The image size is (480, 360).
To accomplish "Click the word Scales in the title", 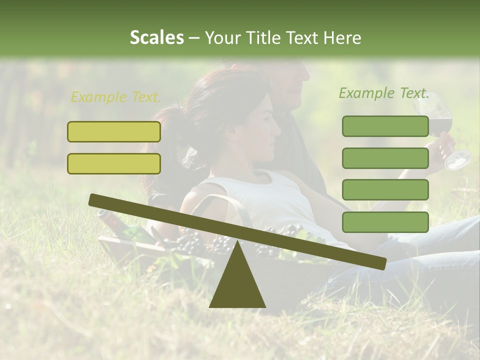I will click(x=156, y=37).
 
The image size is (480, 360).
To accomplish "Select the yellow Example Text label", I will click(x=116, y=97).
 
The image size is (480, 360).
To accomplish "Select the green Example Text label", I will click(x=384, y=93).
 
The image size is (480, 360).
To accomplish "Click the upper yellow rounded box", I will click(x=114, y=131).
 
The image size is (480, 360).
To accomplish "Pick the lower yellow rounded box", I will click(x=114, y=163).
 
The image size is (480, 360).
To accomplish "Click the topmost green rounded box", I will click(x=385, y=126).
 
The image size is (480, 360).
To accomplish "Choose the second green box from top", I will click(x=385, y=158).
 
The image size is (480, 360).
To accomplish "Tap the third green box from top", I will click(x=385, y=190).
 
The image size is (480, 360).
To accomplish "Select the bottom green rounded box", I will click(x=385, y=222).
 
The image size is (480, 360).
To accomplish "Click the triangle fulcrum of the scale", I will click(x=237, y=280).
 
